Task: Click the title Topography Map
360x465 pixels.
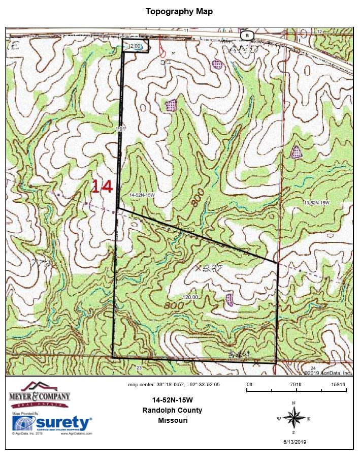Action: coord(179,11)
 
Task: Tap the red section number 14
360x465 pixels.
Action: coord(102,187)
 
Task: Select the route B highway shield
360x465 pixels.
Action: coord(246,36)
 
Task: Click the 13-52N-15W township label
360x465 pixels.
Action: coord(316,203)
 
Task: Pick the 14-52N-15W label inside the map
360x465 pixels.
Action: coord(143,195)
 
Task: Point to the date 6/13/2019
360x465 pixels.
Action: coord(294,442)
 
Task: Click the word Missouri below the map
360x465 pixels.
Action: coord(173,420)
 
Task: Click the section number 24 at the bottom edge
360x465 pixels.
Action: coord(313,367)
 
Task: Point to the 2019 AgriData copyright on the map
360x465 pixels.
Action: coord(328,373)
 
